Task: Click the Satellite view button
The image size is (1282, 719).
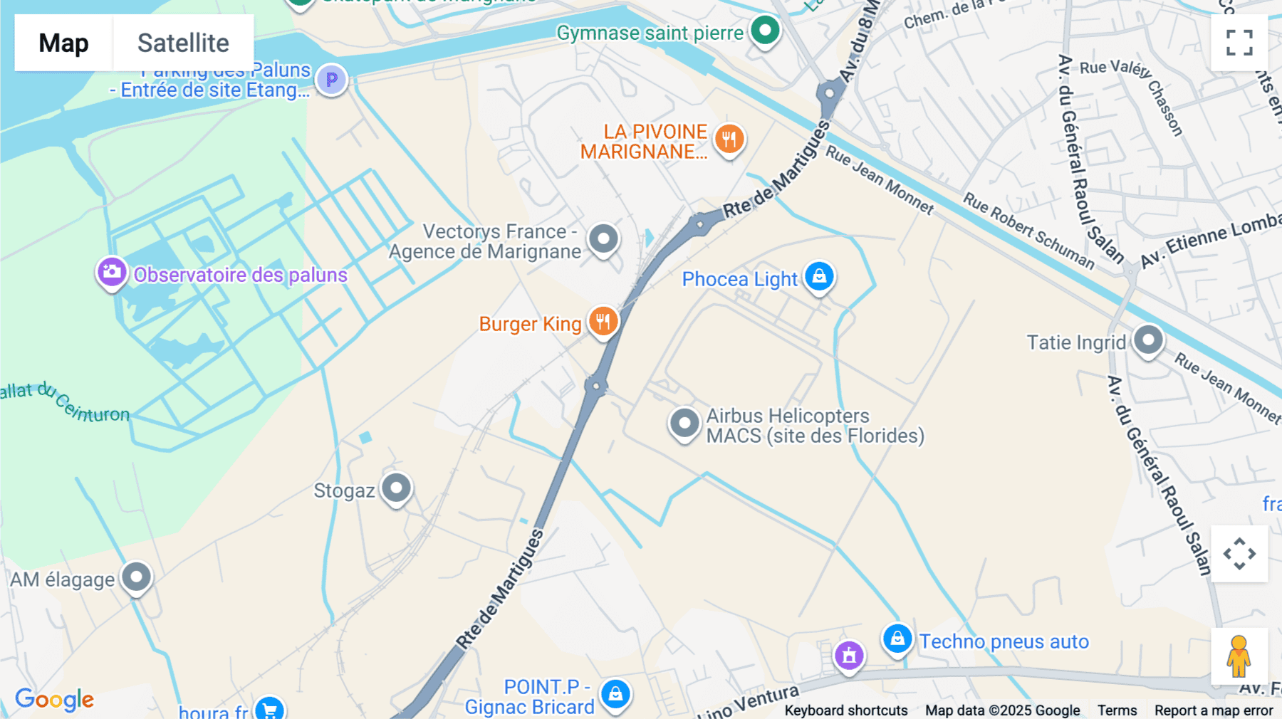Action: point(183,43)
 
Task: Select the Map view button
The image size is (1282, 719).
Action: point(64,43)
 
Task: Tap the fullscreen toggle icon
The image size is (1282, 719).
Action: point(1239,43)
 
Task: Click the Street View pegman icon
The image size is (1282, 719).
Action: point(1239,656)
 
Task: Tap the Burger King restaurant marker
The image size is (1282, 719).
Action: point(603,321)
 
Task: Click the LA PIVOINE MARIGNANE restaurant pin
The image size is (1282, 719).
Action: point(729,139)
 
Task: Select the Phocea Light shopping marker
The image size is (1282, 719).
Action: point(819,276)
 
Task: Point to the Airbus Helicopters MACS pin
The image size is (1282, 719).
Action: point(684,423)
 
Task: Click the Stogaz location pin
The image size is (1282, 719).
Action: point(396,488)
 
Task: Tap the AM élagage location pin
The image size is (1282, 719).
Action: point(136,577)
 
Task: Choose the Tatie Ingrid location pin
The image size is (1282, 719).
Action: point(1148,340)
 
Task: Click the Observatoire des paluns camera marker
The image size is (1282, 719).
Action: point(112,272)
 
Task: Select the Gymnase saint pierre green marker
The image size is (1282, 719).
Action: point(766,31)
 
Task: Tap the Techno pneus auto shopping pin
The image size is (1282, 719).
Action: point(897,639)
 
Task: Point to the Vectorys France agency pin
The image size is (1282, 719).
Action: point(604,239)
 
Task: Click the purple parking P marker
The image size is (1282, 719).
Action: point(331,79)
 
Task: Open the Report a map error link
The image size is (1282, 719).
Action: point(1214,710)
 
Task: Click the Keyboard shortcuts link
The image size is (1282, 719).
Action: point(846,710)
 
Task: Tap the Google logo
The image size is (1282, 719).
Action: point(55,700)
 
